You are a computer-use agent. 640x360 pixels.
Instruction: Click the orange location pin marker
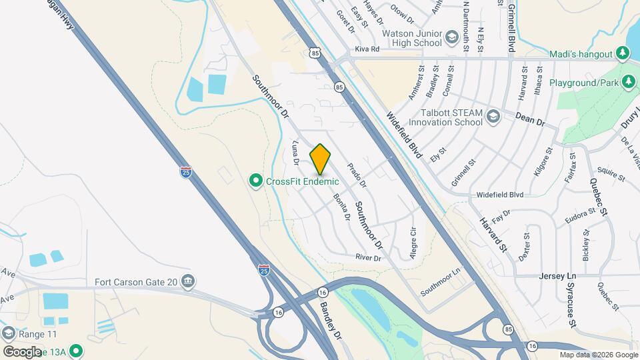tap(320, 159)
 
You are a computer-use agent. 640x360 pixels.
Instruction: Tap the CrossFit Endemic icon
tap(255, 181)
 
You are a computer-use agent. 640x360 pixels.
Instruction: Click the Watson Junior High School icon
tap(453, 38)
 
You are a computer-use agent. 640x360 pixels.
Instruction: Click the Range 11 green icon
tap(9, 333)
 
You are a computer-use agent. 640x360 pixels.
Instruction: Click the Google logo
tap(22, 351)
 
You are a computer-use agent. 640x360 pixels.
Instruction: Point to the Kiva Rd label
tap(367, 49)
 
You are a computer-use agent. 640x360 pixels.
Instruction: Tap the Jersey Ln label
tap(557, 275)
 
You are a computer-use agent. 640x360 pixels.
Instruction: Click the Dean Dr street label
tap(531, 119)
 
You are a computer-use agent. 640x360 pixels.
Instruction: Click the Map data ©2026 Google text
tap(597, 355)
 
